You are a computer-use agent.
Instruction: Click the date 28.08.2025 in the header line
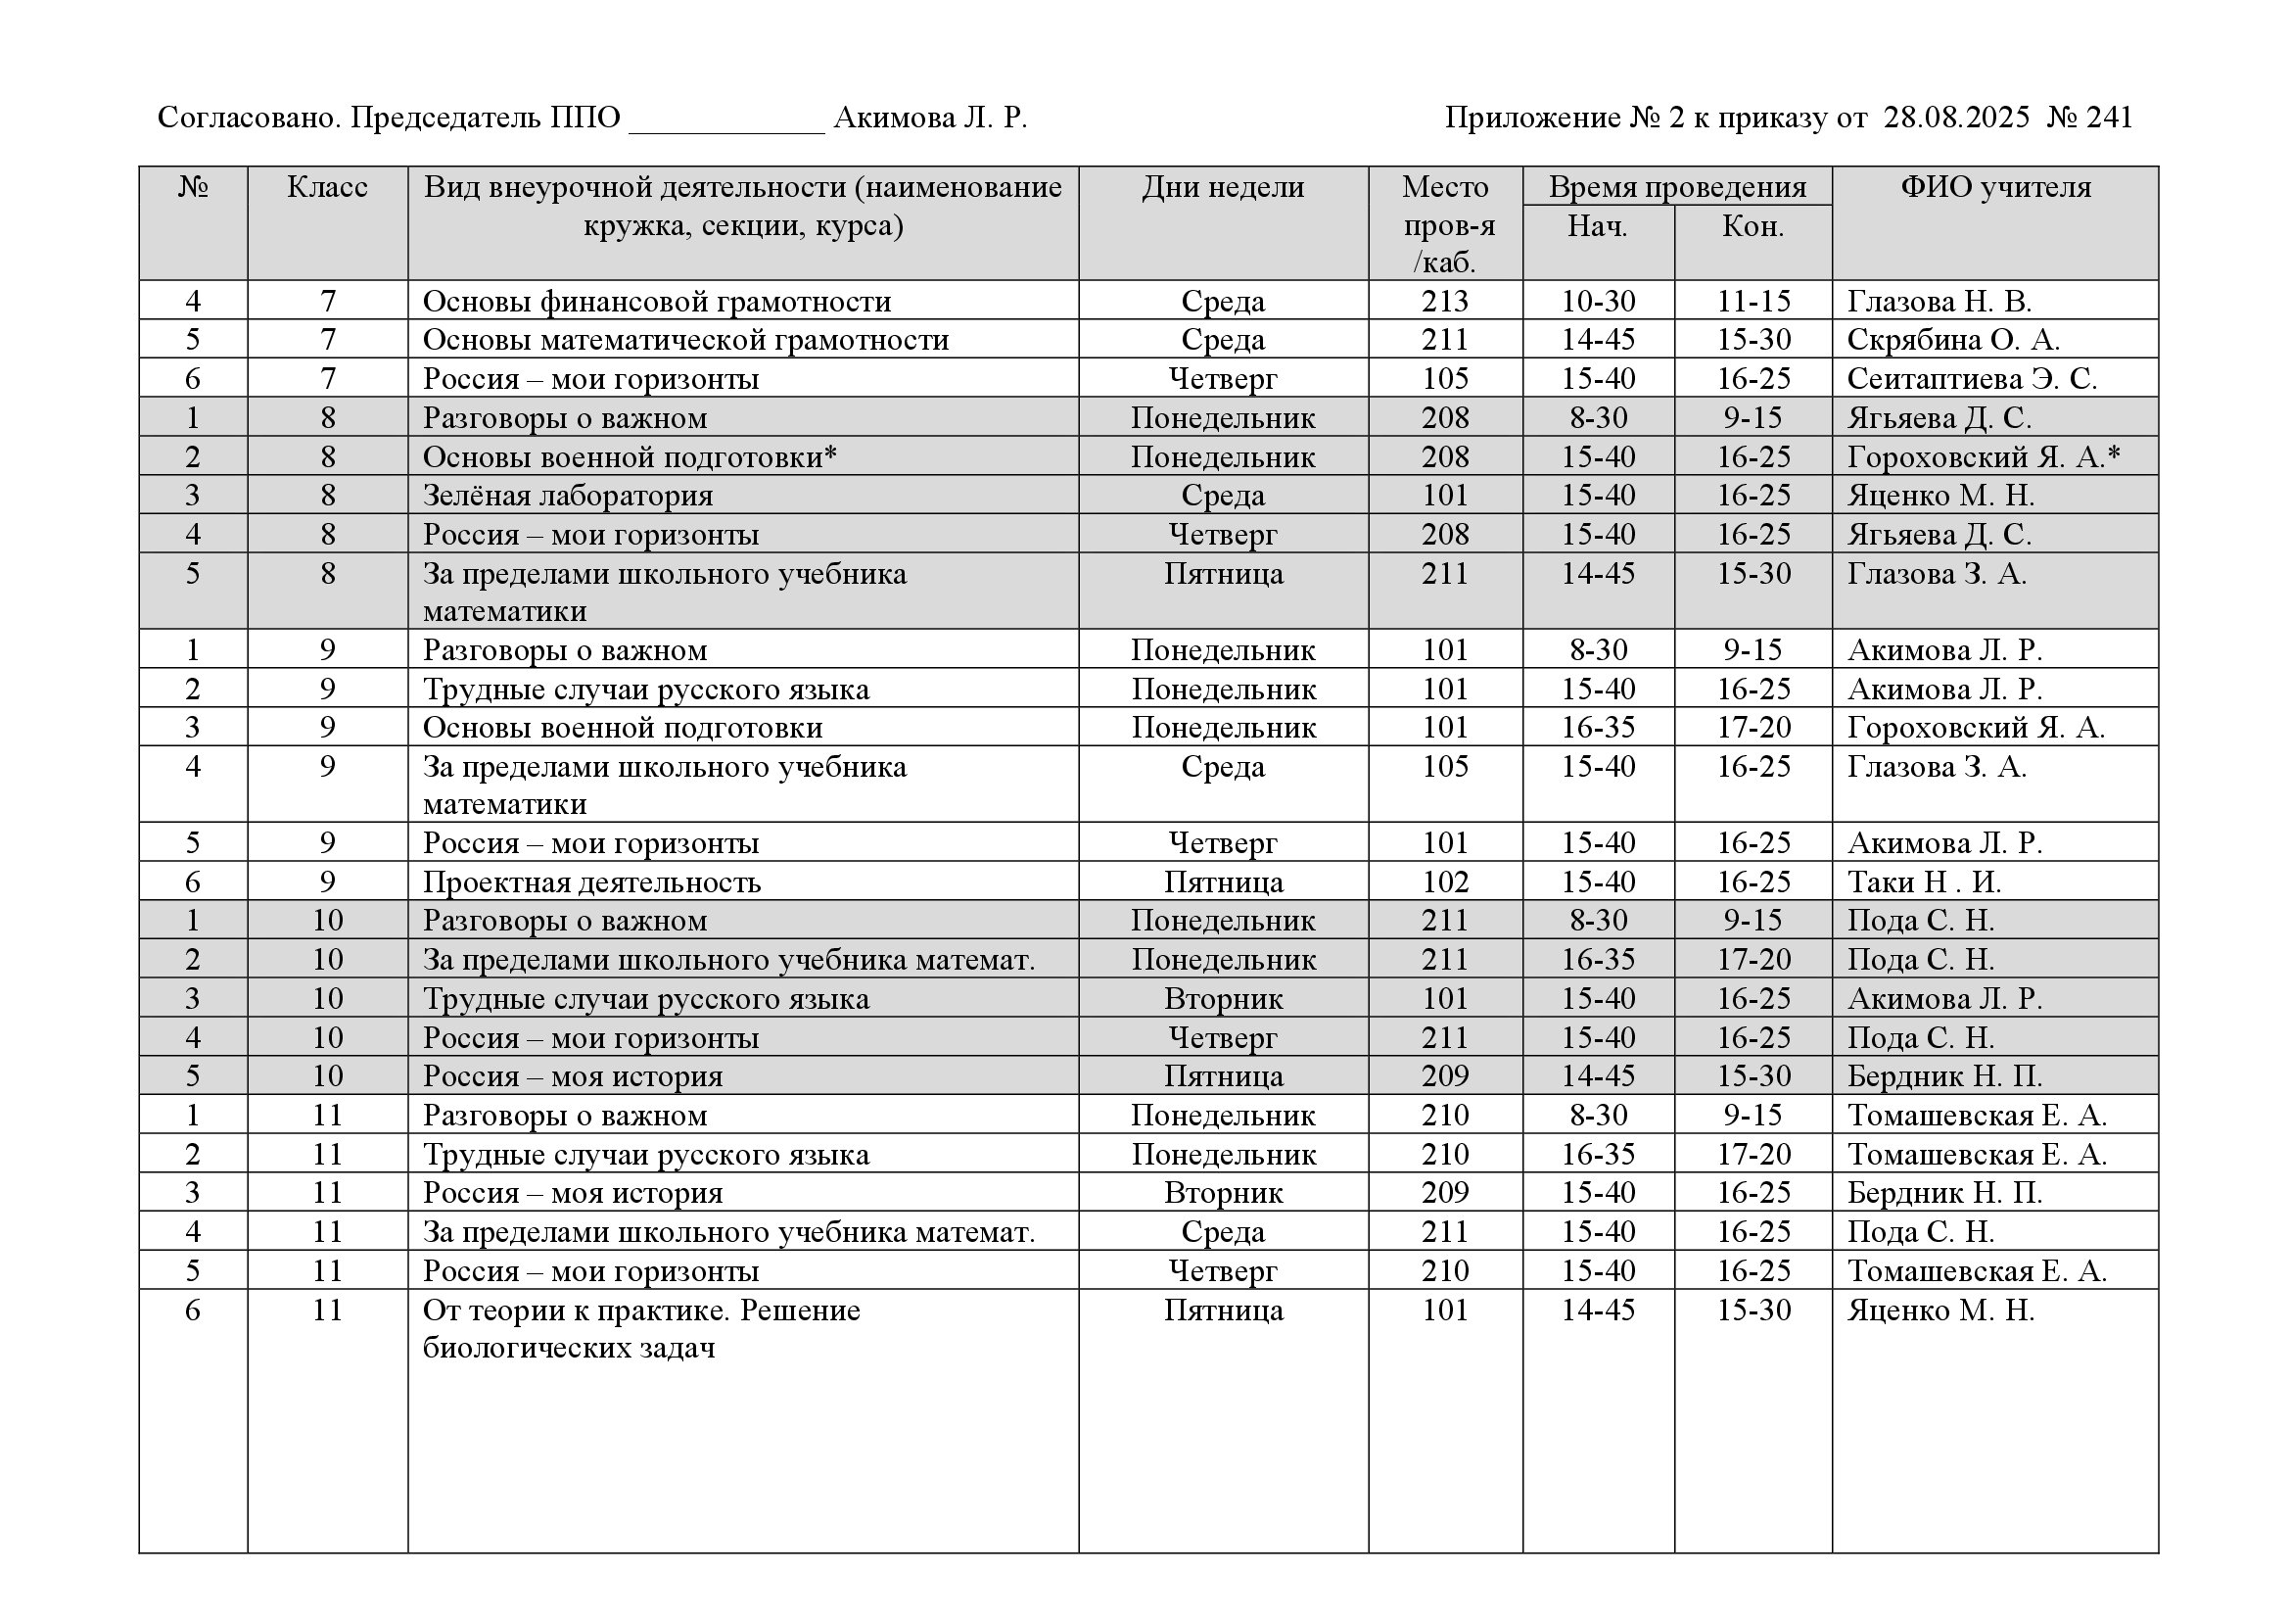click(1956, 119)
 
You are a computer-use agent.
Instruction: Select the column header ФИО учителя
click(1994, 187)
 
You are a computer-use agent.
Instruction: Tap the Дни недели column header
click(1223, 187)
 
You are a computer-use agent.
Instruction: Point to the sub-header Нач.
click(1597, 226)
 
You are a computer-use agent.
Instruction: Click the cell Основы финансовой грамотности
click(656, 302)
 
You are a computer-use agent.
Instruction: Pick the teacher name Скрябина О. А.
click(1952, 340)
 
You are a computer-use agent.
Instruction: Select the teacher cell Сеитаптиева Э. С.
click(1971, 379)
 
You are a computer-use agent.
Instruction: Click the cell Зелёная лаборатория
click(568, 496)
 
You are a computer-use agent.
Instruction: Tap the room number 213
click(1444, 302)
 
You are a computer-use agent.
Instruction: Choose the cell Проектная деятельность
click(591, 882)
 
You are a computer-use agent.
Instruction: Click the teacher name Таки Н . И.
click(1924, 882)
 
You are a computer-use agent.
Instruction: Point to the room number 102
click(1444, 882)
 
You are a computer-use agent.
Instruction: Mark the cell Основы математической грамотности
click(685, 340)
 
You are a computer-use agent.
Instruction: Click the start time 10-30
click(1598, 302)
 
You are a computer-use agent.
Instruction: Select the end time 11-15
click(1753, 302)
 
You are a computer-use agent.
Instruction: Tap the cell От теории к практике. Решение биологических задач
click(640, 1329)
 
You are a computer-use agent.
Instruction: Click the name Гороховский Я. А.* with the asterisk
click(1983, 456)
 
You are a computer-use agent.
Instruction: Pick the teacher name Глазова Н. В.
click(1938, 302)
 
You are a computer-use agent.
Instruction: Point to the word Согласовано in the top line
click(250, 119)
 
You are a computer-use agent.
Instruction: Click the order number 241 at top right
click(2109, 119)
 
